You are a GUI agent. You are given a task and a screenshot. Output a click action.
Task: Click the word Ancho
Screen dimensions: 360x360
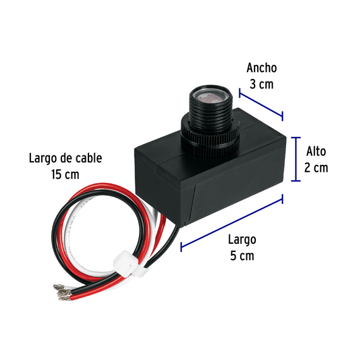(x=261, y=68)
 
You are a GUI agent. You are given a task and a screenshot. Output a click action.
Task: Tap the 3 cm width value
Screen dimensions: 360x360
(x=261, y=84)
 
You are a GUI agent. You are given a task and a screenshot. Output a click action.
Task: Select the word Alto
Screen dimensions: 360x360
(x=316, y=152)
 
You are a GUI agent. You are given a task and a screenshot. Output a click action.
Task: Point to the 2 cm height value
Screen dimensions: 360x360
(x=316, y=167)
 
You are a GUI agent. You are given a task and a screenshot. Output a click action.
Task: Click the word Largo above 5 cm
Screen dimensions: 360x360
(x=242, y=240)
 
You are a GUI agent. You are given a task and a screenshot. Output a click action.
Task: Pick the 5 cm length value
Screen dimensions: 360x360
(x=242, y=256)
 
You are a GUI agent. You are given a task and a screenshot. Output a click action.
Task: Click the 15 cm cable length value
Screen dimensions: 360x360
(x=65, y=174)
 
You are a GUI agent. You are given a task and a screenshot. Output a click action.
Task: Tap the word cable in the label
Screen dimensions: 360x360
(x=88, y=158)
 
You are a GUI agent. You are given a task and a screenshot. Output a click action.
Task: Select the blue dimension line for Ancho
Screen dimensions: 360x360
(x=261, y=104)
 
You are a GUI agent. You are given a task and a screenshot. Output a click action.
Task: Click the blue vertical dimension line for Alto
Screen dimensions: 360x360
(x=296, y=159)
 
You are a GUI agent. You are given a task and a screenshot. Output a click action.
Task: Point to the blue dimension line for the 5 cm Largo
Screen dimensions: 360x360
(x=232, y=223)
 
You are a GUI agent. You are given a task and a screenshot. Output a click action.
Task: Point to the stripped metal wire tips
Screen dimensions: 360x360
(x=63, y=292)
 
